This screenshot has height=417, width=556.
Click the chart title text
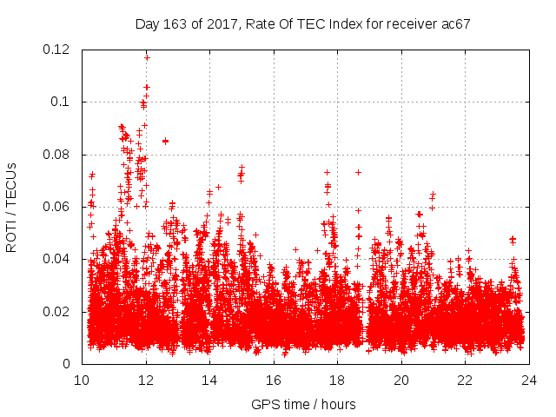tap(302, 24)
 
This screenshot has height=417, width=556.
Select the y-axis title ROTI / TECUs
tap(11, 207)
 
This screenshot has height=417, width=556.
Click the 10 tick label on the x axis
tap(82, 381)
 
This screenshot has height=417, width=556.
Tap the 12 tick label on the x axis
tap(146, 381)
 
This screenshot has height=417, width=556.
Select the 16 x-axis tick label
tap(274, 381)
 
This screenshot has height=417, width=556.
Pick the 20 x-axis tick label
tap(401, 381)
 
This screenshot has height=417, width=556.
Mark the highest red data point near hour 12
tap(147, 57)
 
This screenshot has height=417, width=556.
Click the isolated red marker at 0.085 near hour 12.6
tap(165, 141)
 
